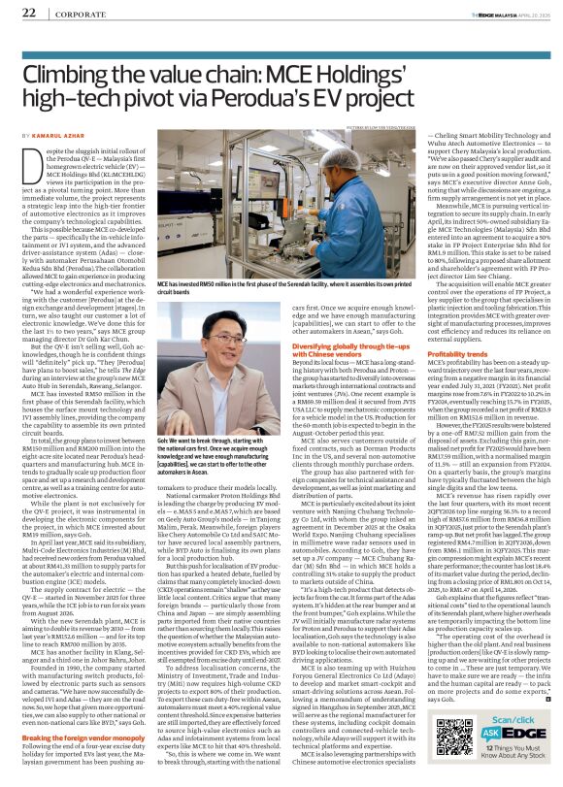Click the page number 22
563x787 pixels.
[x=17, y=13]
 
